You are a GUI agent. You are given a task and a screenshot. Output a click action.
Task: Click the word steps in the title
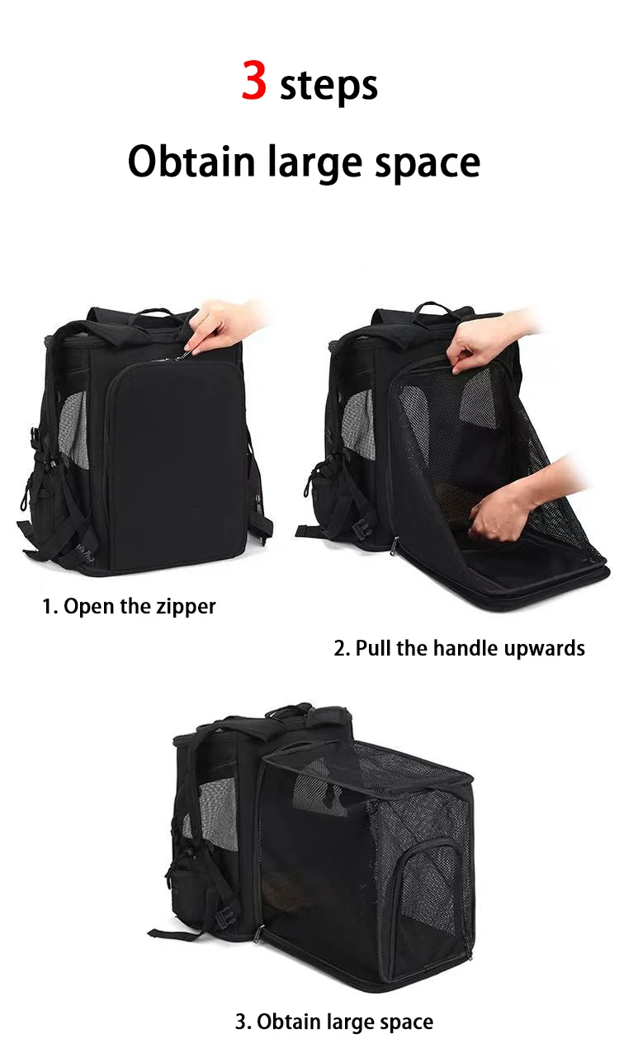(x=328, y=86)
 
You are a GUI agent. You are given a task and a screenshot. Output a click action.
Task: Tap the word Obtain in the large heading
(x=191, y=162)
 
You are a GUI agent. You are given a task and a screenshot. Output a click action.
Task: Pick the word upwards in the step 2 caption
(x=542, y=648)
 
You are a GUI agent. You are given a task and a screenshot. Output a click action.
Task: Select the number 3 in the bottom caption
(x=240, y=1022)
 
